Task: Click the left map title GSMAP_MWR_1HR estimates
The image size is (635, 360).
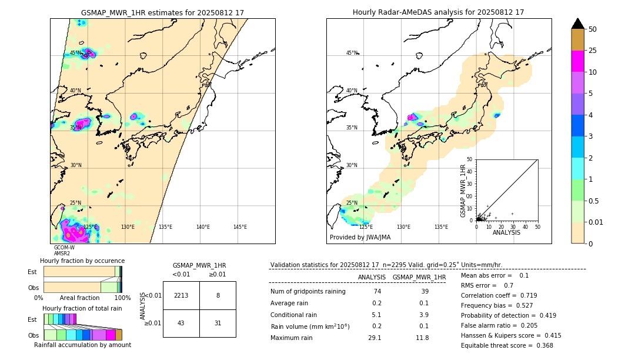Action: coord(162,12)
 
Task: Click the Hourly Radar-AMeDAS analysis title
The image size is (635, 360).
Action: coord(438,12)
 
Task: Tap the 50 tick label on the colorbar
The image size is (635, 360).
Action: coord(593,29)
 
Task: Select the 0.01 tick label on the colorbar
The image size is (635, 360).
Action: coord(596,222)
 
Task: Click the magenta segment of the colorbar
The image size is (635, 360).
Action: coord(577,61)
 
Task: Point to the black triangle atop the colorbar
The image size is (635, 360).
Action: coord(577,24)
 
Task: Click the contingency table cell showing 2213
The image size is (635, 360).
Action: coord(181,295)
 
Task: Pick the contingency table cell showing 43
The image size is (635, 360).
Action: coord(181,323)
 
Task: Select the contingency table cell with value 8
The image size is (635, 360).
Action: coord(218,295)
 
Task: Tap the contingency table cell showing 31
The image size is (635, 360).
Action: coord(218,323)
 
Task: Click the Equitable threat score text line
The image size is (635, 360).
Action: coord(507,345)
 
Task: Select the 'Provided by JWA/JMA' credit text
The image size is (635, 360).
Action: coord(360,238)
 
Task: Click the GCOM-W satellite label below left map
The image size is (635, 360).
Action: coord(64,248)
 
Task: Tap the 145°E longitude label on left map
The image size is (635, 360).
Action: coord(240,227)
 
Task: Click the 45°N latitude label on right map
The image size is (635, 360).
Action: coord(352,53)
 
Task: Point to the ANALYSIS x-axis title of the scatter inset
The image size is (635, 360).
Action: coord(506,232)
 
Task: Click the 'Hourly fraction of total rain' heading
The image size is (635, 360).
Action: coord(82,308)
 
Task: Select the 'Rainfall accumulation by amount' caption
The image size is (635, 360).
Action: coord(82,345)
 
